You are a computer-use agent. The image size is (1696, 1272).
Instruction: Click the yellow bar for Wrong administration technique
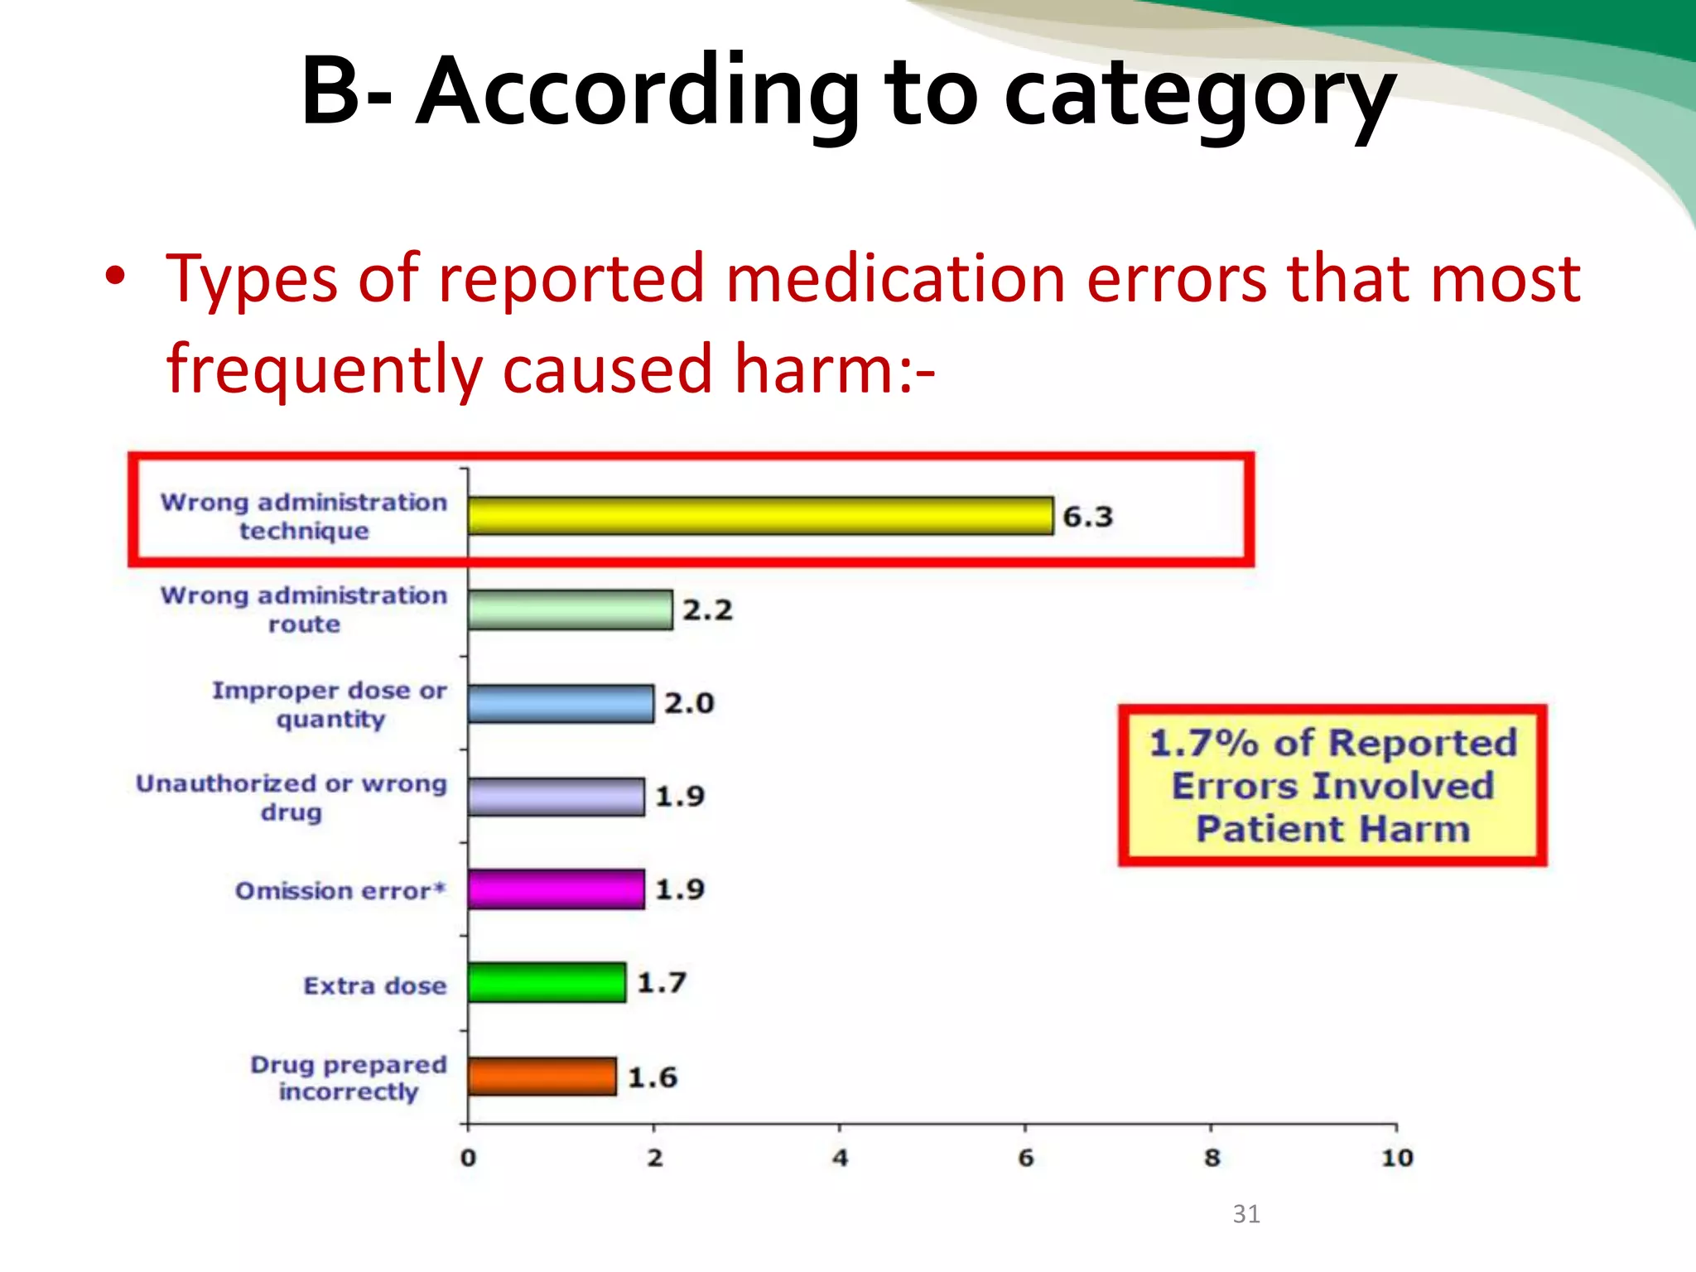point(760,516)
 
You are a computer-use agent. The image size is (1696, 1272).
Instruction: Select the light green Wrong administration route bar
point(570,610)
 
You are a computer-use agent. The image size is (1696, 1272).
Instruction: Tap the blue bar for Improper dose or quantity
point(561,704)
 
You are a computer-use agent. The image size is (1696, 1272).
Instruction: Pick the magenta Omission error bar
point(556,889)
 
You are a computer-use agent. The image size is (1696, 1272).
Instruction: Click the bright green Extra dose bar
point(547,983)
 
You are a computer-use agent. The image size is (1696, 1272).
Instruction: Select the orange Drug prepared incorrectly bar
point(542,1077)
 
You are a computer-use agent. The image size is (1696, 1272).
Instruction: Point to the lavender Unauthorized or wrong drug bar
point(556,797)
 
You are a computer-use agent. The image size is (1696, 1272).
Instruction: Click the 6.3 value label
point(1087,517)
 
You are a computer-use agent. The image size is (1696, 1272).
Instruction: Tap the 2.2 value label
point(707,610)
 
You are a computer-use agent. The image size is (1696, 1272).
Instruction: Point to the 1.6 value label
point(653,1077)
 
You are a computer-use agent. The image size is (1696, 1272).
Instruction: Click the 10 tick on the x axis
point(1397,1158)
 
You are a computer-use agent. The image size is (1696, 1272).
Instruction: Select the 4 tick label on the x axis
point(840,1158)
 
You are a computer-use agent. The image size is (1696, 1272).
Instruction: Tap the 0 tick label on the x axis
point(468,1158)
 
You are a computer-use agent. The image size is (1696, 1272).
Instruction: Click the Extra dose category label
point(374,985)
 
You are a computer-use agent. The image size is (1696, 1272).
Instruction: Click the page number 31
point(1246,1214)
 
